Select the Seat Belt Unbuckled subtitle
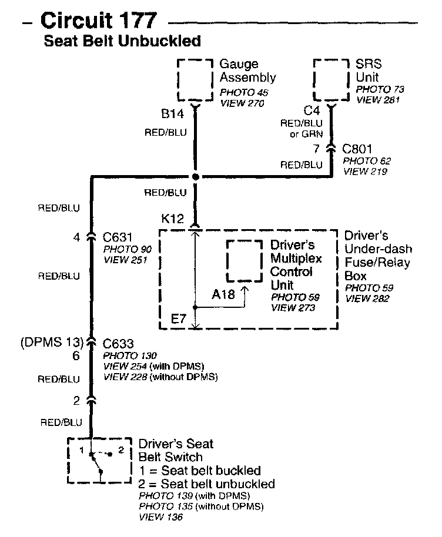click(123, 41)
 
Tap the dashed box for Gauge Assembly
click(195, 80)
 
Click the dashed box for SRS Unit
click(331, 80)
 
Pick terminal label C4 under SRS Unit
click(312, 110)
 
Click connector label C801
click(357, 149)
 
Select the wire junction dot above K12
click(195, 177)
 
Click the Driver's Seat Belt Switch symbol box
click(99, 460)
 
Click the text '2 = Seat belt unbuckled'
click(206, 484)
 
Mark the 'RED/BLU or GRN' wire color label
click(302, 129)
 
